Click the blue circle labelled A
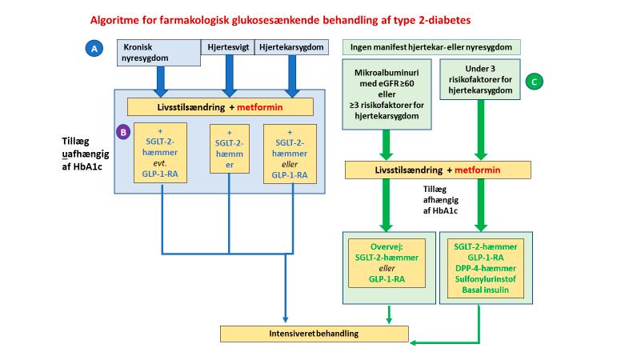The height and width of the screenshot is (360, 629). [95, 49]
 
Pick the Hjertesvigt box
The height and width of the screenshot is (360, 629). [226, 47]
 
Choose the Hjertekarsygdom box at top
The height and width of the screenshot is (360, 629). [292, 47]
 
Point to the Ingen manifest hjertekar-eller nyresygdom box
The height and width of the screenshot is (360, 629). [432, 47]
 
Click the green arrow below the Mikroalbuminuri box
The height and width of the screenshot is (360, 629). [387, 144]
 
